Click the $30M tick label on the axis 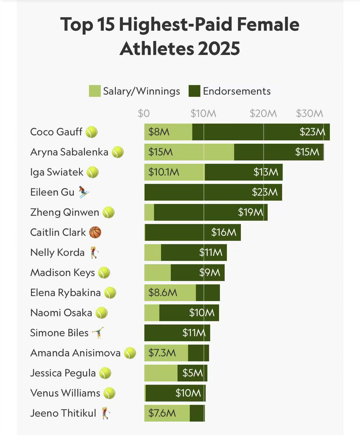(309, 113)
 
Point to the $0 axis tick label (144, 113)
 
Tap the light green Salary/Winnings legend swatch (95, 91)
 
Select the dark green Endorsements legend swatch (194, 91)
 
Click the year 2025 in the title (219, 48)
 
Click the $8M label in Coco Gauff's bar (159, 132)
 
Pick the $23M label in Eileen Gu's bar (265, 192)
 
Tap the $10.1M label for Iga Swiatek (164, 172)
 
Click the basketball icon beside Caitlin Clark (95, 232)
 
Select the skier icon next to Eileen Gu (84, 192)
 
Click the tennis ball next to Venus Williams (109, 393)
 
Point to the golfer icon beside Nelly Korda (94, 252)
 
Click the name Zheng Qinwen (64, 212)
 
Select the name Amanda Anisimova (75, 353)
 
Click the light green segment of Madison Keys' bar (157, 272)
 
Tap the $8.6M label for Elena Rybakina (163, 293)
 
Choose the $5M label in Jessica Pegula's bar (193, 373)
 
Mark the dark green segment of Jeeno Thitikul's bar (197, 413)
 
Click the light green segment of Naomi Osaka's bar (152, 313)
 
